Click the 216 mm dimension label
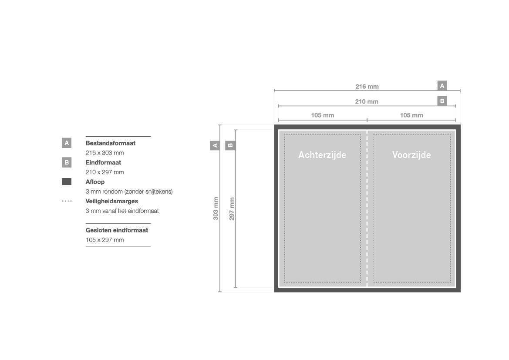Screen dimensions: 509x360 point(367,87)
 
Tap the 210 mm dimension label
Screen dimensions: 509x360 point(367,101)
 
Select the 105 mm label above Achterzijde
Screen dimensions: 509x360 point(322,115)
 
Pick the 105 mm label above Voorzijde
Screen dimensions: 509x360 point(411,115)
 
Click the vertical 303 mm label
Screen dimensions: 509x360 point(216,209)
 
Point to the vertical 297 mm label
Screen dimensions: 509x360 point(232,209)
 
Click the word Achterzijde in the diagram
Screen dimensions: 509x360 point(322,155)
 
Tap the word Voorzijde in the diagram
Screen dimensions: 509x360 point(411,155)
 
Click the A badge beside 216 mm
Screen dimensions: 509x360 point(442,86)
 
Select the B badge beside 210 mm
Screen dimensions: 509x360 point(442,101)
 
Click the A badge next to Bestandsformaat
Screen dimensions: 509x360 point(67,143)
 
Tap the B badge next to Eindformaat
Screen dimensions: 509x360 point(67,162)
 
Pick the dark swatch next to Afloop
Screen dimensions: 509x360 point(67,182)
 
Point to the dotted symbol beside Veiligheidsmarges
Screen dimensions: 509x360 point(67,201)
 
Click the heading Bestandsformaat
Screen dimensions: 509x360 point(110,143)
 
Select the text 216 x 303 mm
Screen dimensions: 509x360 point(104,153)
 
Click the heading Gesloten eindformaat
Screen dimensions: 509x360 point(117,230)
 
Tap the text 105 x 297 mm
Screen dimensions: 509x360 point(104,240)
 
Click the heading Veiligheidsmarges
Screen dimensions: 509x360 point(111,201)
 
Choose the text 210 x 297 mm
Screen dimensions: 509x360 point(104,172)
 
